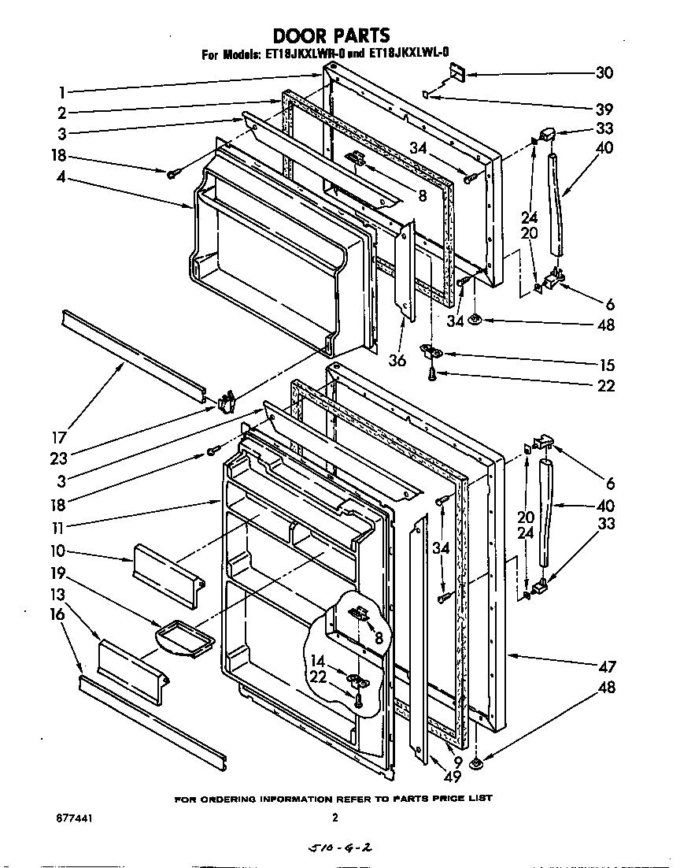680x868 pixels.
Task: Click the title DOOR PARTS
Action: click(x=331, y=35)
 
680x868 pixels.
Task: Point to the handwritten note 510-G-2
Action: click(x=337, y=849)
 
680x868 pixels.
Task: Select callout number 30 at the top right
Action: click(x=604, y=72)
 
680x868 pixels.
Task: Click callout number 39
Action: click(x=604, y=109)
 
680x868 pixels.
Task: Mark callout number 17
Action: click(x=60, y=438)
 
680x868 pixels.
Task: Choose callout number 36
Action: click(x=397, y=360)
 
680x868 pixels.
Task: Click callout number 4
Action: click(x=61, y=177)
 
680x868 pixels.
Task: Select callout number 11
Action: click(x=59, y=527)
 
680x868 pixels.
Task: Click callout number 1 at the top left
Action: click(x=61, y=91)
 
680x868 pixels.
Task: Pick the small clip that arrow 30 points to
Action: click(x=456, y=75)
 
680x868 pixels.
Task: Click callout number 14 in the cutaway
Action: click(x=319, y=662)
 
